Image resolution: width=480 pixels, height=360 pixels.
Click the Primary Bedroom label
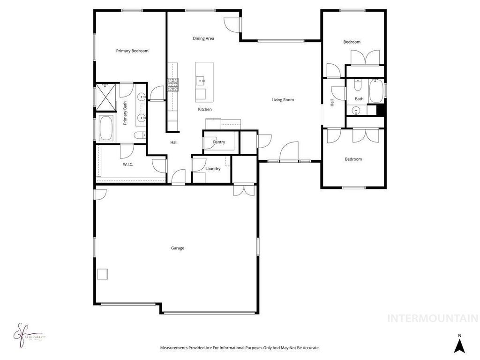[x=132, y=51]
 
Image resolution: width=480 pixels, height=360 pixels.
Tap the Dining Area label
[x=203, y=38]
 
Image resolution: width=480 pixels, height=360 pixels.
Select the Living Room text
[x=283, y=99]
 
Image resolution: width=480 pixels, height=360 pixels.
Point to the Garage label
[x=178, y=248]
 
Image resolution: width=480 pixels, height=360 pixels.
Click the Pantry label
[x=219, y=142]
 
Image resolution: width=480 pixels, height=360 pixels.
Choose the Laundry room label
[x=213, y=169]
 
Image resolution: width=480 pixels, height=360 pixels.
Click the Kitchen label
[x=205, y=109]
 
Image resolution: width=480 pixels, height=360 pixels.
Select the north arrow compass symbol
[x=460, y=345]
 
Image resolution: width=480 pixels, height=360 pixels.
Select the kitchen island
[x=204, y=82]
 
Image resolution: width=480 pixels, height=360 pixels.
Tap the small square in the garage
[x=102, y=274]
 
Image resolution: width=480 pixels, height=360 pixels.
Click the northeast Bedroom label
[x=352, y=42]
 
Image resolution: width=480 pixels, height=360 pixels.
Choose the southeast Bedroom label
[x=353, y=159]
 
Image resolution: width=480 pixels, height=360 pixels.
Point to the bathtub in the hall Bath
[x=376, y=91]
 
